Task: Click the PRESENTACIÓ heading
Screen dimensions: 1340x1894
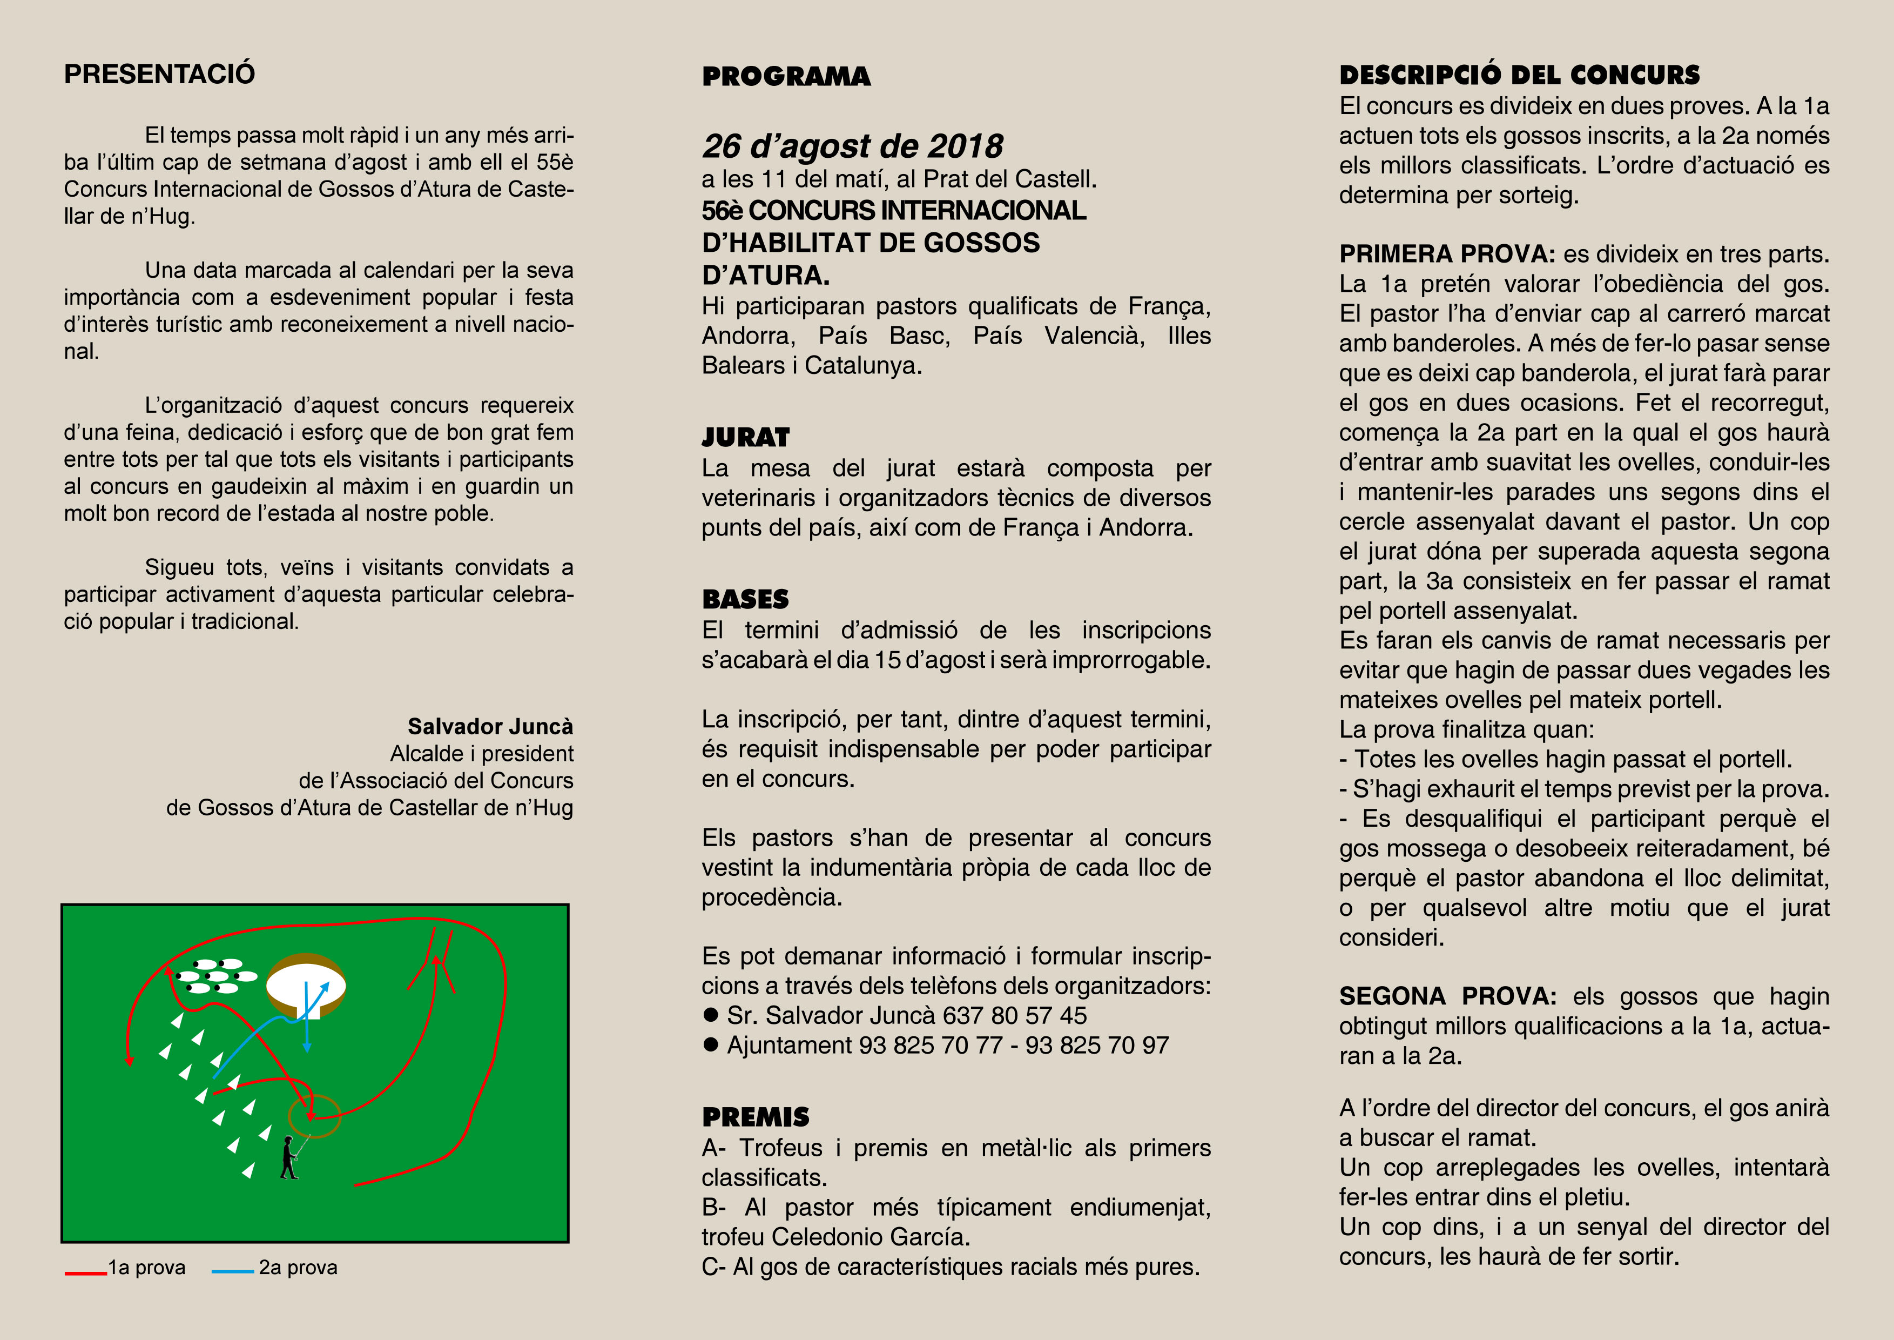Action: (x=159, y=74)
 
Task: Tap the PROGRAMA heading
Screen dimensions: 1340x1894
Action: (x=786, y=77)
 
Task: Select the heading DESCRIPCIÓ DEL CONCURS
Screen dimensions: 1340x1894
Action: (x=1520, y=75)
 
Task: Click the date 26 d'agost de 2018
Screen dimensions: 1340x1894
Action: (x=852, y=146)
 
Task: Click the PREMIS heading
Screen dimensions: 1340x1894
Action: (x=756, y=1117)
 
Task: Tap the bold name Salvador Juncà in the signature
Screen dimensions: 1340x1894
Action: (x=490, y=726)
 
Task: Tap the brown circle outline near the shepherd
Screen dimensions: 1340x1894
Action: (x=314, y=1116)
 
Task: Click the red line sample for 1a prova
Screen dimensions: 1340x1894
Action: (x=86, y=1273)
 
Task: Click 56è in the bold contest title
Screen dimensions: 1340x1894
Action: (x=723, y=211)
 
